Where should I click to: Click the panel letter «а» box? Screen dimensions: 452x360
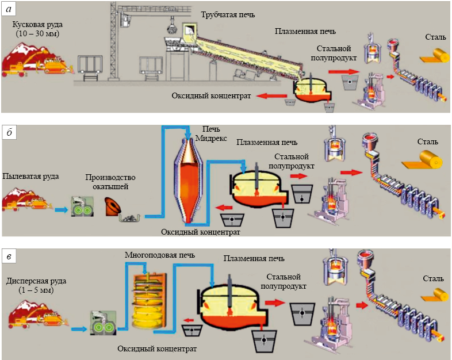(9, 10)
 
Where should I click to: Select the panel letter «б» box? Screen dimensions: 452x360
(9, 133)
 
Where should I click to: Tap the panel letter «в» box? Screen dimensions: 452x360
(9, 256)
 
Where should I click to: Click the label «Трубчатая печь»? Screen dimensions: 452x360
(228, 15)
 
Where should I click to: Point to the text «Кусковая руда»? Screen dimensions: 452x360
(37, 25)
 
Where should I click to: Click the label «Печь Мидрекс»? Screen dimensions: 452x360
(211, 133)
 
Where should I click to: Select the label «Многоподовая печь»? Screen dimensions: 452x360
(160, 255)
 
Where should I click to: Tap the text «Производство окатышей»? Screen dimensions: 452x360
(110, 182)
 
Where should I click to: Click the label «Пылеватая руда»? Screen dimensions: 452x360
(30, 176)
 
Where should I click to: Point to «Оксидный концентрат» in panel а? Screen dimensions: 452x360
(211, 95)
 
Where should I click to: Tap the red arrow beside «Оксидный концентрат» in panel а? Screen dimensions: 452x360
(272, 96)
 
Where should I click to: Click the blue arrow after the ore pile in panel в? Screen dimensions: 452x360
(79, 329)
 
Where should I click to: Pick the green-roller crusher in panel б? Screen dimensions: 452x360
(82, 206)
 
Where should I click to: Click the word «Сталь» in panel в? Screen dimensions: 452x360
(433, 278)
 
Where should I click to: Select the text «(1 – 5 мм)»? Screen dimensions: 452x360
(36, 290)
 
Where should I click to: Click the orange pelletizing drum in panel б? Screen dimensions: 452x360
(112, 206)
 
